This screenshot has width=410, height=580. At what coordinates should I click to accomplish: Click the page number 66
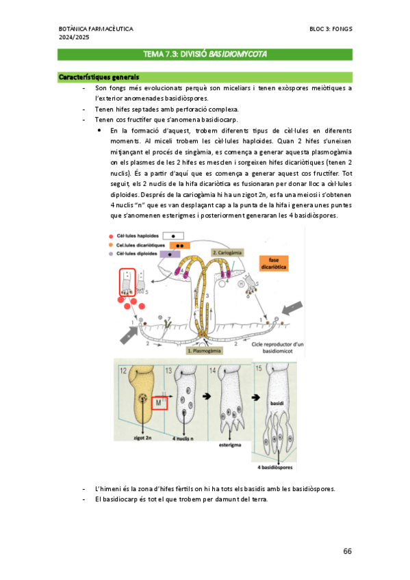click(347, 551)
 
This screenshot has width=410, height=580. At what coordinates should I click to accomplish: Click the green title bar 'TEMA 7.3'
click(205, 55)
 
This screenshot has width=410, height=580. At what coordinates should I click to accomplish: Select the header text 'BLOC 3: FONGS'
click(331, 29)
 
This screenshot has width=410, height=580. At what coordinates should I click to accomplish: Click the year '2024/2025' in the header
click(74, 38)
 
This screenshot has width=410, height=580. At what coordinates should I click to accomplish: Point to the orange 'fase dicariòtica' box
click(274, 263)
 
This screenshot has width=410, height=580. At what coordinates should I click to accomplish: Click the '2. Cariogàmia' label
click(227, 253)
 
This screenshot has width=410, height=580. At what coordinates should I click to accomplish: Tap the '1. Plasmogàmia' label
click(204, 351)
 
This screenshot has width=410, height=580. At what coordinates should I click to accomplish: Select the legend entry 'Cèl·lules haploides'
click(138, 236)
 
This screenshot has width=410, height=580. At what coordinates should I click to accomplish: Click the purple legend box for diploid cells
click(170, 254)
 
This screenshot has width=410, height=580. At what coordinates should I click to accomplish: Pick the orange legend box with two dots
click(180, 246)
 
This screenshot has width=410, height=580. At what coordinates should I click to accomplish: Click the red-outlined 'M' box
click(159, 402)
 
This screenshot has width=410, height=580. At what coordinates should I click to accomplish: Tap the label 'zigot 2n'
click(142, 438)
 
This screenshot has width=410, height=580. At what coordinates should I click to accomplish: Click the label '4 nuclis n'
click(183, 438)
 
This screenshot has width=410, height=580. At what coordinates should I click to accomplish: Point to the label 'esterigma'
click(230, 445)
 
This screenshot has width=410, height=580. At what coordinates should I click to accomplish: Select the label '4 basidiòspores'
click(275, 468)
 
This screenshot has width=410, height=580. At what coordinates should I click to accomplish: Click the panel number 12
click(123, 371)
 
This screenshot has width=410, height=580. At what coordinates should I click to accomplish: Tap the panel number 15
click(259, 368)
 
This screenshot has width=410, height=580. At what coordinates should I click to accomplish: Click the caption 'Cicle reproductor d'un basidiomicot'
click(277, 347)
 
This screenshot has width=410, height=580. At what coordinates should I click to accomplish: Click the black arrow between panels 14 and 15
click(256, 397)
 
